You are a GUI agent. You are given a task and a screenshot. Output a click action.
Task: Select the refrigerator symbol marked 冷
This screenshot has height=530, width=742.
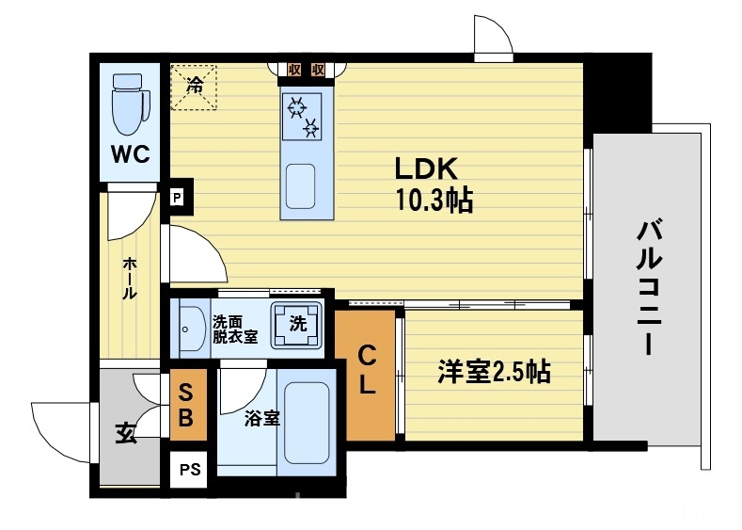pyautogui.click(x=194, y=87)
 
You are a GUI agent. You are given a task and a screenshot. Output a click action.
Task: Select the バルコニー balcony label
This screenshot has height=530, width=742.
pyautogui.click(x=648, y=286)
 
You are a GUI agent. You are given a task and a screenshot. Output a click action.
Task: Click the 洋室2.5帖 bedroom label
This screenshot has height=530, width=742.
pyautogui.click(x=493, y=373)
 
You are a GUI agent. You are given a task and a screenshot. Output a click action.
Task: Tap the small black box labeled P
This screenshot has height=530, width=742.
pyautogui.click(x=176, y=198)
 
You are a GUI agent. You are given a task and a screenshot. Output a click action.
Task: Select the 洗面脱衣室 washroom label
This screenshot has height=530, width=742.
pyautogui.click(x=234, y=329)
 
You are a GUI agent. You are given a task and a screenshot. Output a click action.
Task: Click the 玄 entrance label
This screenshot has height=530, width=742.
pyautogui.click(x=123, y=432)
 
